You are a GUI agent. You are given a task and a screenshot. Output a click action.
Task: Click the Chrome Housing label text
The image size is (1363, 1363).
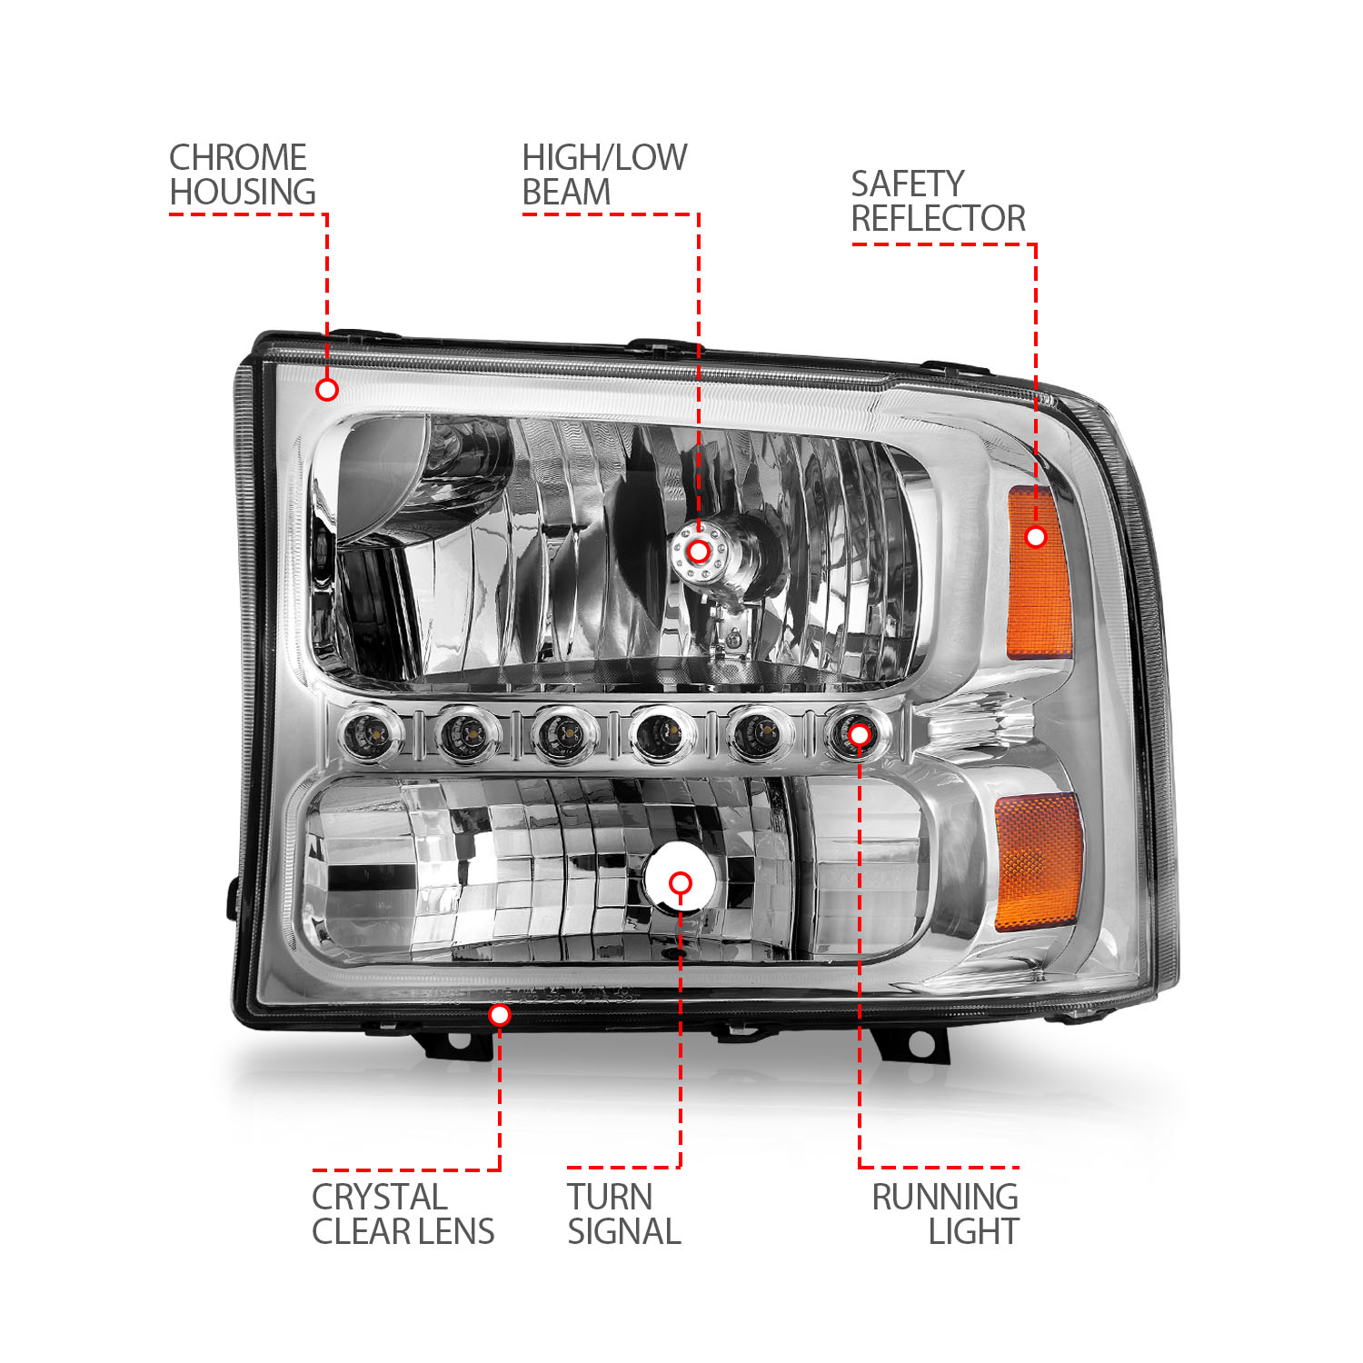242,175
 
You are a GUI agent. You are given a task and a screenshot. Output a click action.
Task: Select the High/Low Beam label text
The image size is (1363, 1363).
603,175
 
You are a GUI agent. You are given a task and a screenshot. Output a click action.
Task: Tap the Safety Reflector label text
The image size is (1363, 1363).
938,202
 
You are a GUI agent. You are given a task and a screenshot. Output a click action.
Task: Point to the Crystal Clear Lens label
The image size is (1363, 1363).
403,1214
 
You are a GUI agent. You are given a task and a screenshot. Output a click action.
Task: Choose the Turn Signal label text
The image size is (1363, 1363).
623,1214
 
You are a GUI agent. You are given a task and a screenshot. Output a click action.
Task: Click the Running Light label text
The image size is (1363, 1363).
945,1214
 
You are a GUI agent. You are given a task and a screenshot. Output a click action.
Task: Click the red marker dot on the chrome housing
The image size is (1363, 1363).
327,390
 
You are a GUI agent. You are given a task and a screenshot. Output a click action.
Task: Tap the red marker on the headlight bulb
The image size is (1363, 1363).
698,552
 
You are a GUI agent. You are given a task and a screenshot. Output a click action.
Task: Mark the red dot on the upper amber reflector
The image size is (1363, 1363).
1035,537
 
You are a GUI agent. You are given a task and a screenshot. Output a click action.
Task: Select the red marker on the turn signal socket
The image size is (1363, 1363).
680,882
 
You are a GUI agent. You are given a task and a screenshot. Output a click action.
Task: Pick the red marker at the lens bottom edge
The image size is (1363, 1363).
499,1014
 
